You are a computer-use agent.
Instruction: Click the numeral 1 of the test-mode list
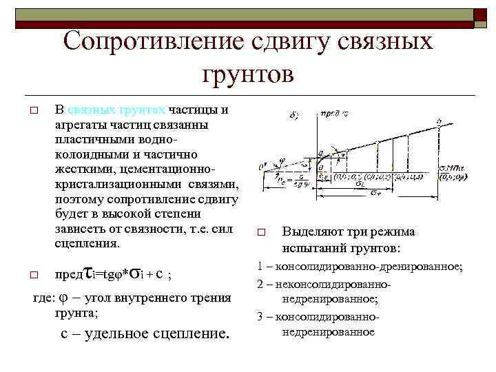point(260,265)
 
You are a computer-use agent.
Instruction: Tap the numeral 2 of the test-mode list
point(260,283)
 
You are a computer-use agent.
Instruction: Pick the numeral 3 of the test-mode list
point(260,316)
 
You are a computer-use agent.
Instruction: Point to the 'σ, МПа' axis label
point(453,167)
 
